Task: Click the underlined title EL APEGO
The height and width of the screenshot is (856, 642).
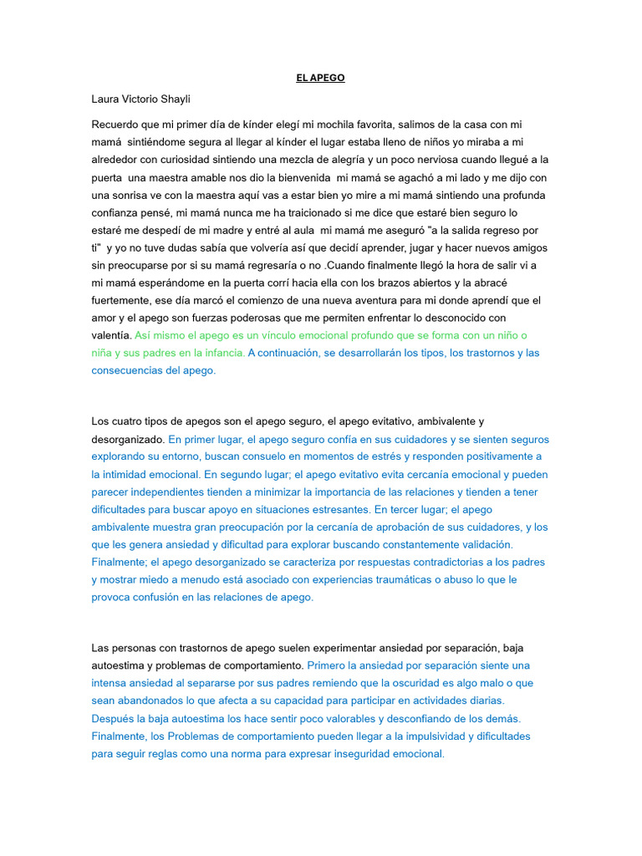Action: click(320, 78)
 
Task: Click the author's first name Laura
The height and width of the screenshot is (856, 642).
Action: click(105, 99)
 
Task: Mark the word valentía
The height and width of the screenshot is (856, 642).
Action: click(112, 335)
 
